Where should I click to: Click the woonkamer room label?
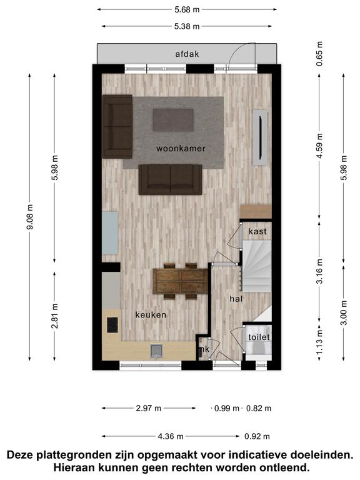[181, 149]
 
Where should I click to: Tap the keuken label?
[151, 315]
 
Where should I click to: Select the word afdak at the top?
[187, 54]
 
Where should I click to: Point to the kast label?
[257, 231]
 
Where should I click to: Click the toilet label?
[259, 337]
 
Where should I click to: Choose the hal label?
[236, 299]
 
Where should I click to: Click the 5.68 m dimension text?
[187, 10]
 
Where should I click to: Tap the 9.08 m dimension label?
[30, 217]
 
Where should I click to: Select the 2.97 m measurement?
[149, 408]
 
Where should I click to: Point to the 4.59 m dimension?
[320, 146]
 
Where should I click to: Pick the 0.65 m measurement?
[320, 54]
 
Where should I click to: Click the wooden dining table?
[180, 281]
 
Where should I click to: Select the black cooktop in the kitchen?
[112, 325]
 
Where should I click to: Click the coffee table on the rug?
[173, 120]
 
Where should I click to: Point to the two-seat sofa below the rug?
[170, 179]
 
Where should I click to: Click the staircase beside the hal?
[257, 266]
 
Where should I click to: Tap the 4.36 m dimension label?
[171, 436]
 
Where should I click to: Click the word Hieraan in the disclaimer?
[72, 467]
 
